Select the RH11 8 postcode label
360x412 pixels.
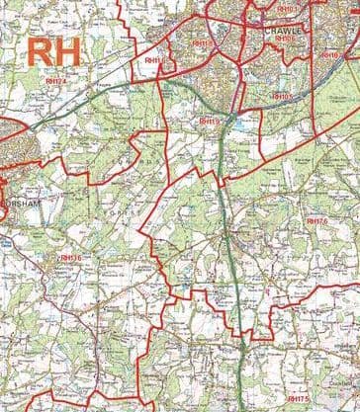tap(201, 43)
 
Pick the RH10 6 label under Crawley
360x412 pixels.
tap(285, 40)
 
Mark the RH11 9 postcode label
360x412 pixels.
tap(207, 121)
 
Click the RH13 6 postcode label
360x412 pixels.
tap(69, 258)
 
